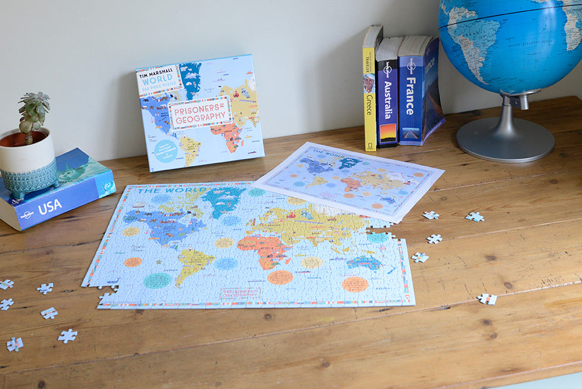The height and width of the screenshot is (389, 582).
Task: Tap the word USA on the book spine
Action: (49, 206)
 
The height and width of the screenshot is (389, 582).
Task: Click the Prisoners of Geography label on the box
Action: (200, 112)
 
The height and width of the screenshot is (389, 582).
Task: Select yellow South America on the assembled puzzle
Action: (192, 263)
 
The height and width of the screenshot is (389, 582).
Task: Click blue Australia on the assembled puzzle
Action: (364, 262)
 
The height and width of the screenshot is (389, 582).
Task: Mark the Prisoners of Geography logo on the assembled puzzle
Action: (241, 293)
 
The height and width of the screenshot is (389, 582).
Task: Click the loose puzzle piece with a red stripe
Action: (487, 299)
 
